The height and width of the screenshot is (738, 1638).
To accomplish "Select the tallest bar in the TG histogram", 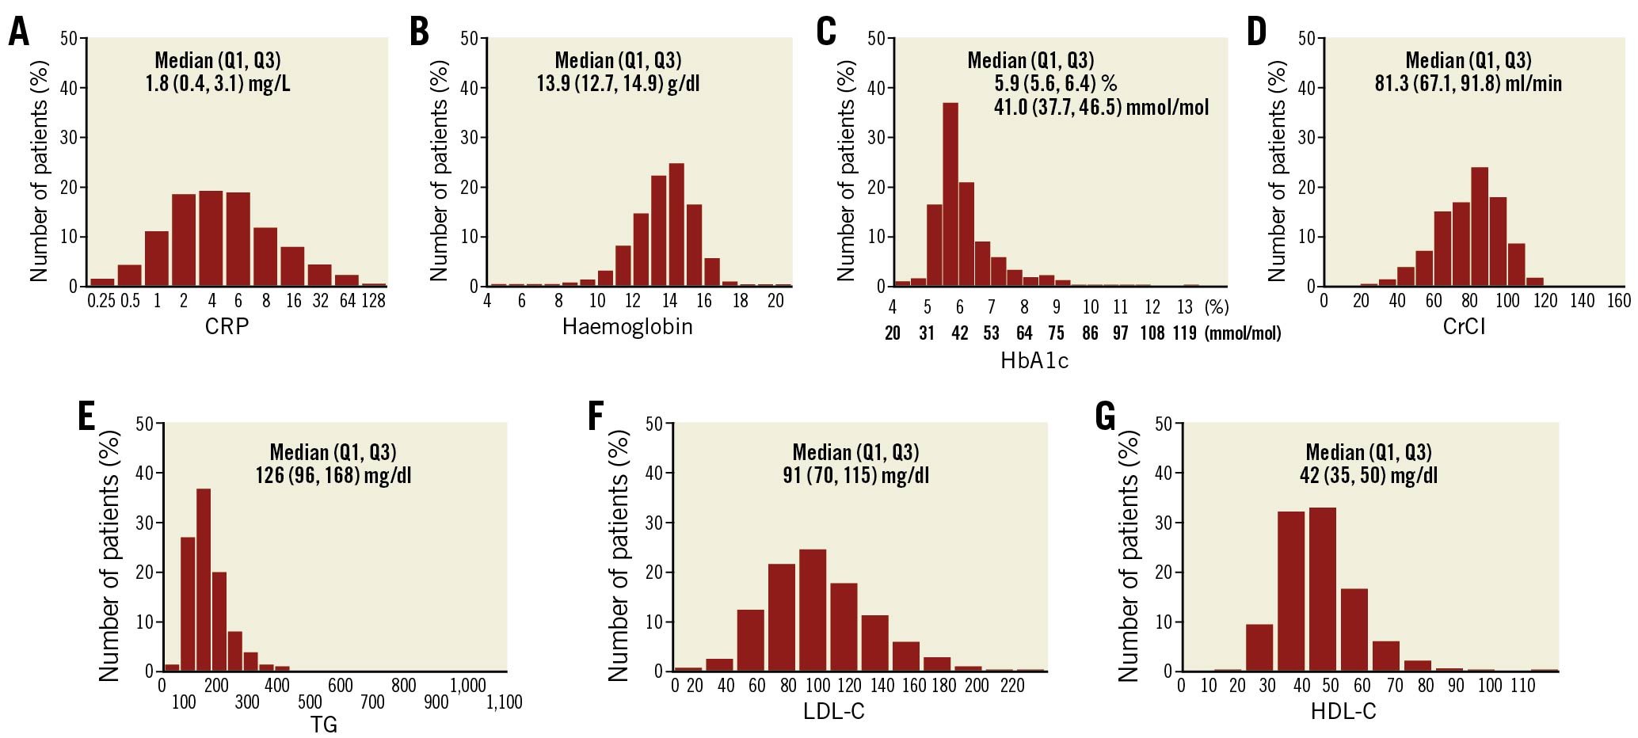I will (x=204, y=580).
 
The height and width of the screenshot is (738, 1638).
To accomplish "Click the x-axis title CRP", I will (x=227, y=326).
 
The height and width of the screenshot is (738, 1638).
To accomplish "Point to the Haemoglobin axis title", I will (x=627, y=326).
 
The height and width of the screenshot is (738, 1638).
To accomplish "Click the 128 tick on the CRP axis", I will (x=373, y=302).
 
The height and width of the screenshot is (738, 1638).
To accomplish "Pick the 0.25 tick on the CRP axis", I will (x=103, y=302).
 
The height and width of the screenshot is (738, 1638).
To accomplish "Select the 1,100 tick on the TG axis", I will (x=504, y=702).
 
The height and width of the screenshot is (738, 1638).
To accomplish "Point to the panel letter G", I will (x=1105, y=417).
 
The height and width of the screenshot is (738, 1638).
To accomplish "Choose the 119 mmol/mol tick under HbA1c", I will (x=1184, y=333).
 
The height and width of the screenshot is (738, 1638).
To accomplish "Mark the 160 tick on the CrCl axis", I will (x=1619, y=301).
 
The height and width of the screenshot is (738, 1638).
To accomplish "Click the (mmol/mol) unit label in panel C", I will (x=1243, y=333).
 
